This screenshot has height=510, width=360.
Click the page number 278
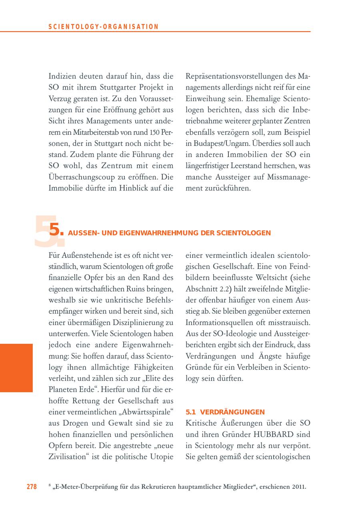[x=32, y=486]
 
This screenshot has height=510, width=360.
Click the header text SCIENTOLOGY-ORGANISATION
[x=104, y=27]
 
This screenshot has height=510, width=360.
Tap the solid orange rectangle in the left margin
[x=16, y=368]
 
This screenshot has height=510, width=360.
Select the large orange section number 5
[x=56, y=231]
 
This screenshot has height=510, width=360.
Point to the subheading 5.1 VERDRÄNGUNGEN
[x=226, y=411]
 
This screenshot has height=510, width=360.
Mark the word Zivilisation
[x=66, y=456]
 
